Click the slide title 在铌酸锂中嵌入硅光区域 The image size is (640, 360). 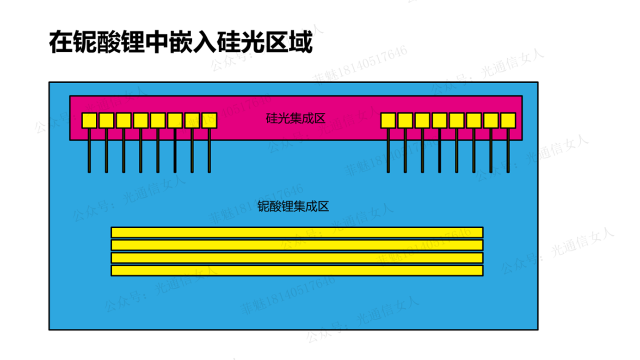pos(181,43)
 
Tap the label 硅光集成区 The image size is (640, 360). pos(295,119)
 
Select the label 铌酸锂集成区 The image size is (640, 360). pos(293,206)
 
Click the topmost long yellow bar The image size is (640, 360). pos(297,232)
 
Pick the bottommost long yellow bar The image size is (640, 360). pos(297,270)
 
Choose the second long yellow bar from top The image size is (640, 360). pos(297,245)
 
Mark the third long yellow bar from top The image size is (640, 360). pos(297,258)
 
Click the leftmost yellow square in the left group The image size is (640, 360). pos(89,121)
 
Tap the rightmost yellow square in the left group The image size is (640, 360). pos(209,121)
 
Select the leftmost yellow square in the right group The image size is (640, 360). pos(388,121)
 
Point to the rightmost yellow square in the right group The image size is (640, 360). pos(508,121)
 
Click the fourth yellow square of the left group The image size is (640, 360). pos(141,121)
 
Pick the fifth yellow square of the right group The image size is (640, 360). pos(456,121)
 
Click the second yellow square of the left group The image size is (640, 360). pos(106,121)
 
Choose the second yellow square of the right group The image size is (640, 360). pos(405,121)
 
